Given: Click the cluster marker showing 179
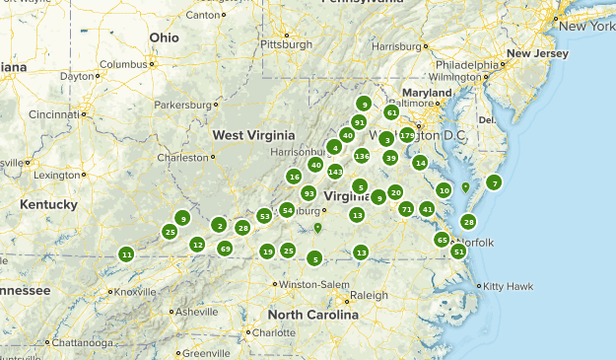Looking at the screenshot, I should tap(407, 135).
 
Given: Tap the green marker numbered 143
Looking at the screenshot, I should tap(335, 172).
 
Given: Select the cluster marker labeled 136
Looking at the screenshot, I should tap(362, 156).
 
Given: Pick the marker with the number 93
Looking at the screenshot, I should tap(308, 193).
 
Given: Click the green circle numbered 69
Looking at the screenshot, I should tap(226, 249).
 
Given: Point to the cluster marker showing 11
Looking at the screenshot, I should tap(126, 254).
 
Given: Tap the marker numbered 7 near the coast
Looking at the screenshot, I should tap(494, 182).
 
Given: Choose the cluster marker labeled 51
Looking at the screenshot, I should tap(458, 252).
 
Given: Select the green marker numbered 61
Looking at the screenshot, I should tap(391, 112).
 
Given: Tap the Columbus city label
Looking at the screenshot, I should tap(121, 64).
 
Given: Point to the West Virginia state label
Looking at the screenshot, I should tap(253, 134).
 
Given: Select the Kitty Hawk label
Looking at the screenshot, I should tap(505, 286).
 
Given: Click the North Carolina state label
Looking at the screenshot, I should tap(312, 316).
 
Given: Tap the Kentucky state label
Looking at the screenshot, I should tap(48, 204).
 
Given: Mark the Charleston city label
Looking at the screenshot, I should tap(184, 157).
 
